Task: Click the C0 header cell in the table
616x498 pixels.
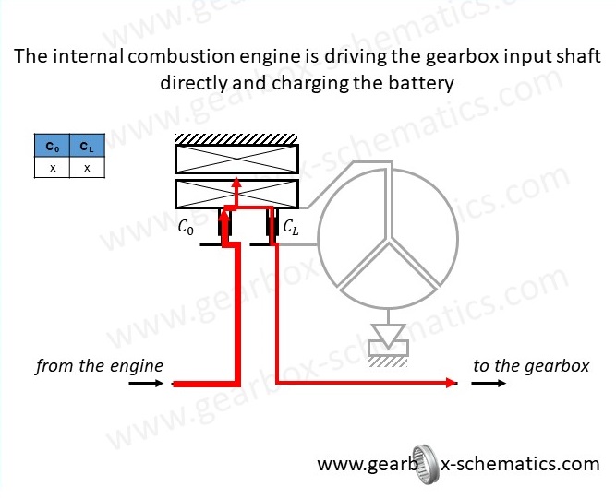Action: point(52,147)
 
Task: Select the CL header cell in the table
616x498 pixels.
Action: point(86,147)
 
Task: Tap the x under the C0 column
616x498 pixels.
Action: point(52,168)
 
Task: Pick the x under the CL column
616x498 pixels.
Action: point(86,168)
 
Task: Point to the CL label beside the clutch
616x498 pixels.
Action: point(292,227)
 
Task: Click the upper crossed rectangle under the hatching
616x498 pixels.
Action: point(236,160)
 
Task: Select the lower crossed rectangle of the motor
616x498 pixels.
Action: point(236,194)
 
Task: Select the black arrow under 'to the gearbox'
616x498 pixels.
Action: point(489,384)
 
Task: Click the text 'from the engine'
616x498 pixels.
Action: point(99,366)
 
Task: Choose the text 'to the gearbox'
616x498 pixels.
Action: point(530,366)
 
